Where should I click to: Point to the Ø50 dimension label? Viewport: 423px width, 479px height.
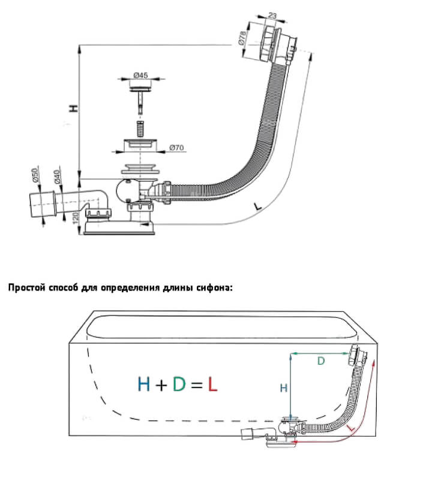(35, 175)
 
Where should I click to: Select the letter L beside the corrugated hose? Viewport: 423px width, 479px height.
(257, 206)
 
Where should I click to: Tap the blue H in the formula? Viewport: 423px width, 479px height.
(143, 384)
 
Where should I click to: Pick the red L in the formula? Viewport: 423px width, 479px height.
(212, 384)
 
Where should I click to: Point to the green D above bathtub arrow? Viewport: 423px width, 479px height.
(320, 361)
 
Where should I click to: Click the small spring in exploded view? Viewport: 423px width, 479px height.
(140, 128)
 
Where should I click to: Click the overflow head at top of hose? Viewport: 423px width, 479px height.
(277, 45)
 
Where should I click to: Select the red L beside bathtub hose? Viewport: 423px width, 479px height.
(350, 429)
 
